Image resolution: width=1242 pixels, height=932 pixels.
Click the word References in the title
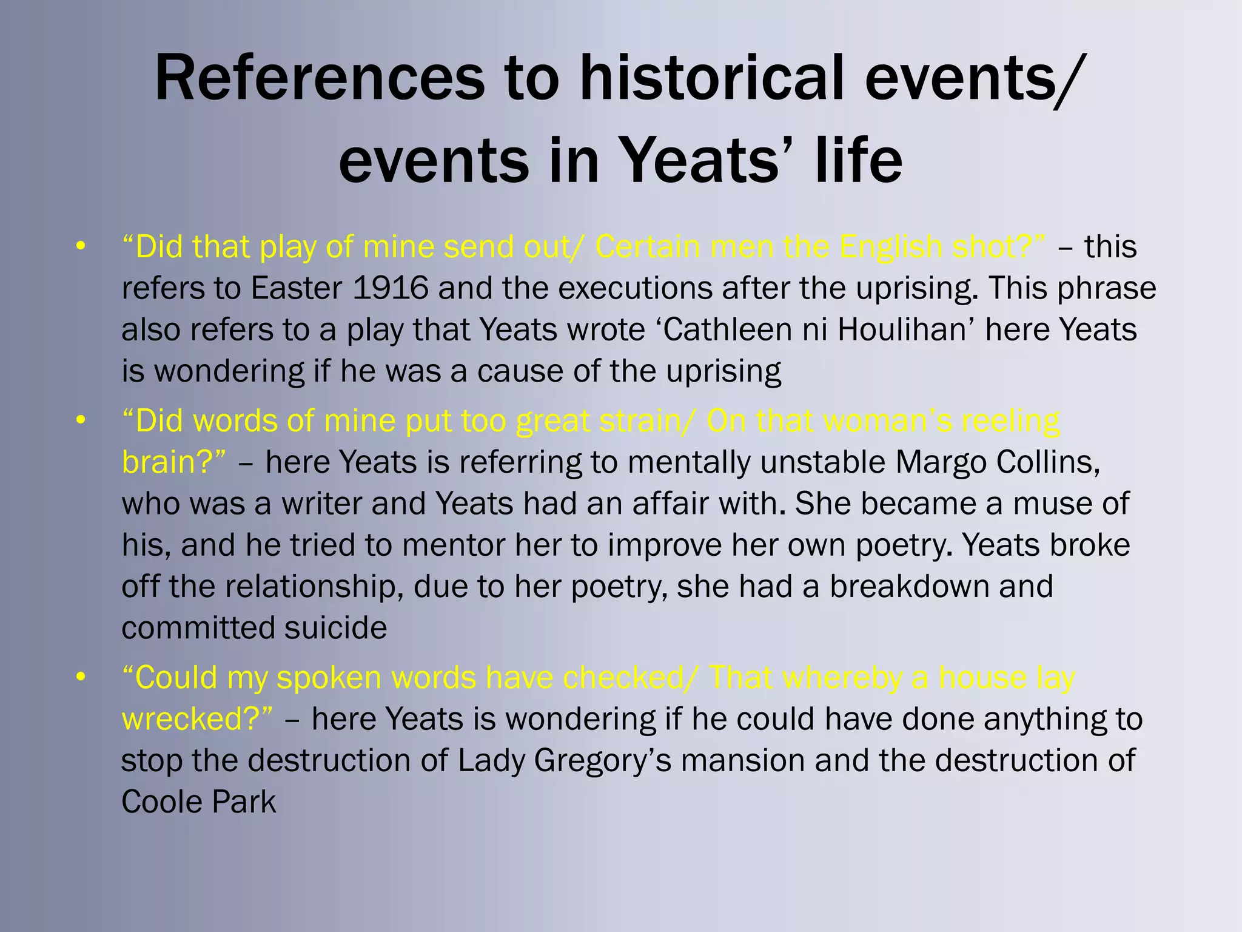(320, 79)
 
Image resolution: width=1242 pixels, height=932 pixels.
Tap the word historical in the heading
(711, 79)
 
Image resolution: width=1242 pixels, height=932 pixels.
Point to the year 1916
(390, 288)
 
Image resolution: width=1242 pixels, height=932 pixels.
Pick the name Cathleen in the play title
(724, 329)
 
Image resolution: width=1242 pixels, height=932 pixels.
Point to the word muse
(1048, 504)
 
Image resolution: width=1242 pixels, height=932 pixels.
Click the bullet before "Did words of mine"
(80, 420)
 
